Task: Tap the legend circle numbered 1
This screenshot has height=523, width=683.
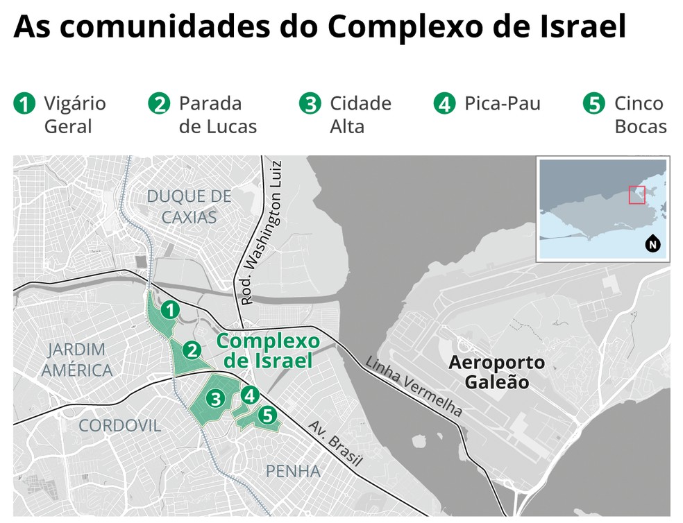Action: (x=24, y=105)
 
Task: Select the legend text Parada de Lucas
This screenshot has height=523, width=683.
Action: (x=217, y=115)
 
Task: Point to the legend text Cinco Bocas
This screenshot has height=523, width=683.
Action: (x=639, y=115)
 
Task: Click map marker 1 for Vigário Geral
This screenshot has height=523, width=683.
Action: (x=169, y=309)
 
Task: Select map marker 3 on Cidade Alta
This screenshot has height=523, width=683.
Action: (x=216, y=399)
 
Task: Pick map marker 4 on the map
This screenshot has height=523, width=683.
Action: (x=249, y=395)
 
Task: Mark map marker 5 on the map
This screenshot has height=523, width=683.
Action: (x=267, y=416)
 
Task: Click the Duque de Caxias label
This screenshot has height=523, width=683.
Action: (x=189, y=207)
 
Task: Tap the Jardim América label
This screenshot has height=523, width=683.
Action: (x=76, y=359)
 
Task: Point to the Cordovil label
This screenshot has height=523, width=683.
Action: (x=119, y=425)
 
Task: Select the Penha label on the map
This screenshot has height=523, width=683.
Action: (x=293, y=472)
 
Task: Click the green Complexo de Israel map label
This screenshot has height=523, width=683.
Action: (x=268, y=351)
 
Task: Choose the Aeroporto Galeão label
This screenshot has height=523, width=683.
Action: (x=496, y=372)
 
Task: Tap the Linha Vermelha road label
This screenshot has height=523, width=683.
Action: (x=414, y=386)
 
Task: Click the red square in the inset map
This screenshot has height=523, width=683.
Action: (x=636, y=195)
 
